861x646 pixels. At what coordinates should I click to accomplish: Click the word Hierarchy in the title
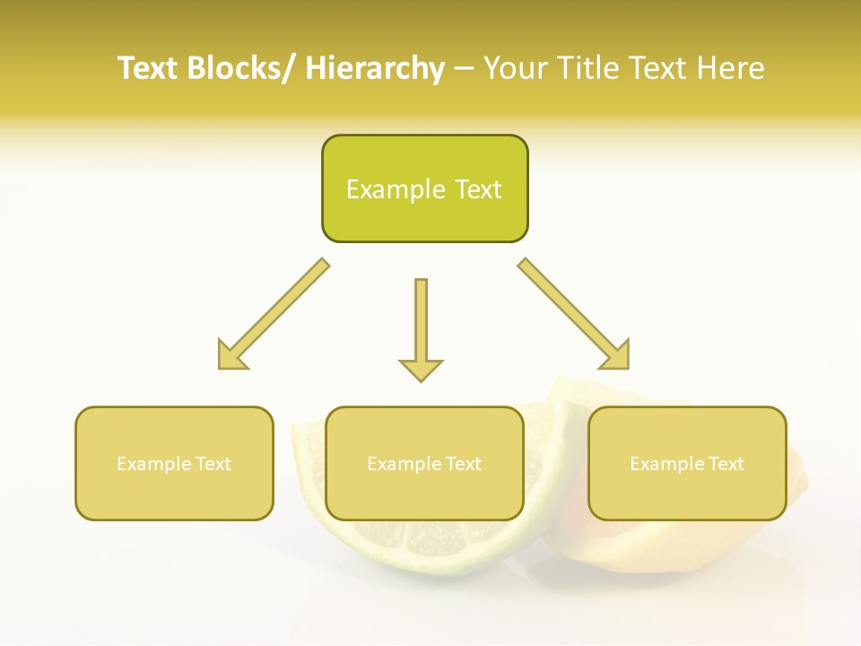coord(375,68)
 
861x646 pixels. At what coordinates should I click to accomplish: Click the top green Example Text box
coord(424,188)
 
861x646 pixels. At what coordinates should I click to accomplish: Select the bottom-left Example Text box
coord(174,463)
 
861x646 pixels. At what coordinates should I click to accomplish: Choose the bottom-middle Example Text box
coord(424,463)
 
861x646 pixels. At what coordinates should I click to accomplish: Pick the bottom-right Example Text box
coord(687,463)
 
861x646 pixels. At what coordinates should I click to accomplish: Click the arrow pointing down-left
coord(274,314)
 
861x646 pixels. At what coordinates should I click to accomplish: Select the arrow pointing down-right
coord(574,314)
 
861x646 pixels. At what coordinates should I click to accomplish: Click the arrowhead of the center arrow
coord(421,369)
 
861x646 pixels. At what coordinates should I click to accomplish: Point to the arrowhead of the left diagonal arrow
coord(230,357)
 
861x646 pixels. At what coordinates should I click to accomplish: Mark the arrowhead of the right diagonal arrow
coord(617,357)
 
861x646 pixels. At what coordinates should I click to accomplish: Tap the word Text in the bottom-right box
coord(726,464)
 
